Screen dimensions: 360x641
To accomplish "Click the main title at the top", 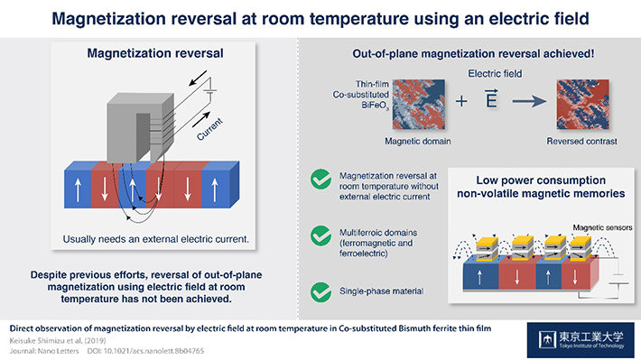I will point(320,17).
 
